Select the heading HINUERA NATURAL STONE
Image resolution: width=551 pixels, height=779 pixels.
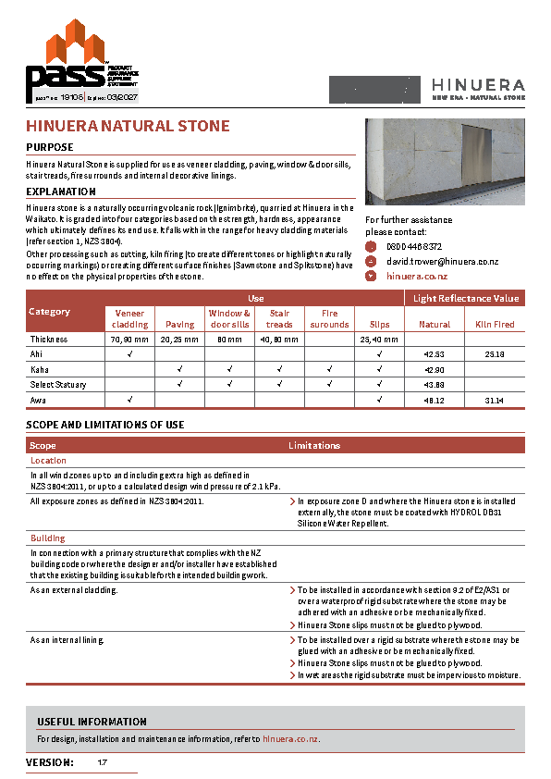tap(128, 126)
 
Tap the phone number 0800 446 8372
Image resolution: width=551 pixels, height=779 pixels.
tap(413, 247)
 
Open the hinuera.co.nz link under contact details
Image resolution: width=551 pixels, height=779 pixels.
tap(416, 276)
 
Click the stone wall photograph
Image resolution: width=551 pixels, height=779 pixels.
tap(445, 162)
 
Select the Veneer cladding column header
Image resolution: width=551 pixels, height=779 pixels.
tap(129, 319)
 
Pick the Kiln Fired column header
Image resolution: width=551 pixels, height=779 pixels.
tap(495, 325)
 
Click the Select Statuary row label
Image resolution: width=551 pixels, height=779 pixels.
tap(58, 384)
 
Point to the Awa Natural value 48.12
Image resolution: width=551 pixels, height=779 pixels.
tap(435, 399)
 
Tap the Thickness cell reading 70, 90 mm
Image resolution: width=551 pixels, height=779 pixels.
tap(129, 340)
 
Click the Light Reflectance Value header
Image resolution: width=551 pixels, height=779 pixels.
tap(465, 298)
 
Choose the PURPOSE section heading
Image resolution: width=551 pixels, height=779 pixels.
tap(50, 147)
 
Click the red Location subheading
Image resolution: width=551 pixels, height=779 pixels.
tap(48, 460)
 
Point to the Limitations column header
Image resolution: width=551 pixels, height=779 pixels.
tap(314, 446)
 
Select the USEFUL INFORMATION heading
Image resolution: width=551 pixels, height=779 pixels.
tap(92, 722)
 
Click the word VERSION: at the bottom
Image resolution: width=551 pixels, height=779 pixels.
tap(50, 762)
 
